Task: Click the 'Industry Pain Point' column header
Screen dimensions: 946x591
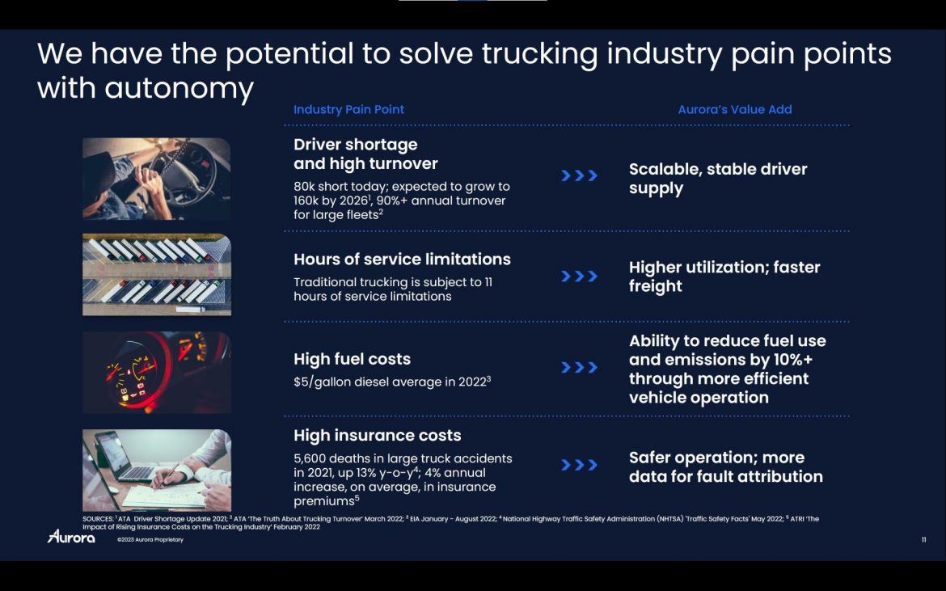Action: click(x=348, y=110)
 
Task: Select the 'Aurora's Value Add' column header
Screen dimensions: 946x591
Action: click(x=735, y=110)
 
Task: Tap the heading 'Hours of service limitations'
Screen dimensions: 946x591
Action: click(x=402, y=260)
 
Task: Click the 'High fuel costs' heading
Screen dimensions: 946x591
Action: click(x=352, y=359)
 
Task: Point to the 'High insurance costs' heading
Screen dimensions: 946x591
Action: click(x=377, y=436)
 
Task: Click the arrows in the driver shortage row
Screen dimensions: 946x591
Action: click(x=579, y=175)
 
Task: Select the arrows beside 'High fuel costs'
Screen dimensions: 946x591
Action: click(x=579, y=367)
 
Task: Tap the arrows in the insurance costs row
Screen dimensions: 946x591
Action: click(x=579, y=465)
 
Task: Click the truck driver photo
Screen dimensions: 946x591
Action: click(x=157, y=179)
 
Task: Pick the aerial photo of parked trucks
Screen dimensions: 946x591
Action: click(x=157, y=274)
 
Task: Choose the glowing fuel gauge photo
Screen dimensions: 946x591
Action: click(x=157, y=372)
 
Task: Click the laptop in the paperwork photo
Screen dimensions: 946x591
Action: click(x=124, y=457)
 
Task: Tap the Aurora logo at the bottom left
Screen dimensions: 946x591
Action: click(x=71, y=536)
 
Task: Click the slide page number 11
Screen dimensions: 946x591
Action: click(x=923, y=540)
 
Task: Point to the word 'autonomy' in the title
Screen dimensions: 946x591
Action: click(x=179, y=89)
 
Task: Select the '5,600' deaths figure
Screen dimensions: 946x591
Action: click(x=310, y=459)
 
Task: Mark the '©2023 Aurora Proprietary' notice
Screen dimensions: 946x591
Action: click(x=150, y=540)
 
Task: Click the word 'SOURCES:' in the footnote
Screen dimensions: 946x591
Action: click(x=98, y=518)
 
